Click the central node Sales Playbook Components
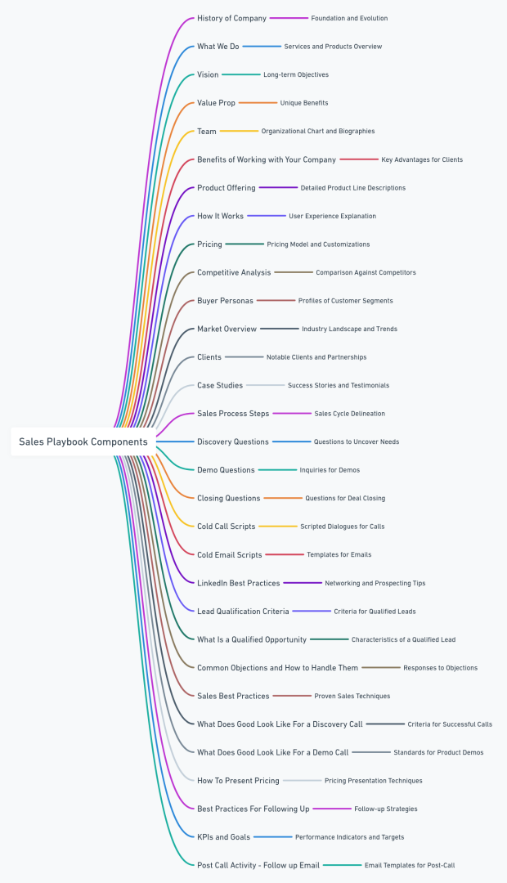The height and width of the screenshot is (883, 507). (83, 441)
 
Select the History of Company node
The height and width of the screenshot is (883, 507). (231, 18)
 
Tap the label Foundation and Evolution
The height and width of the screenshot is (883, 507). (349, 18)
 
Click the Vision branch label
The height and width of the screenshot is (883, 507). (208, 74)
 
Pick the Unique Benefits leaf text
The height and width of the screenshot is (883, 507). (304, 103)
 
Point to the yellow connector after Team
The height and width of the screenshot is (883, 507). (239, 131)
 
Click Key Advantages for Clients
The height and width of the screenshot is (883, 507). (422, 159)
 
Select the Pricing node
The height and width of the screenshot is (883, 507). (209, 244)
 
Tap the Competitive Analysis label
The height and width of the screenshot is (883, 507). (234, 272)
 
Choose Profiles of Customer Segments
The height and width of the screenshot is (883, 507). (345, 301)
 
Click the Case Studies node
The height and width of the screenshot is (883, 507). (220, 385)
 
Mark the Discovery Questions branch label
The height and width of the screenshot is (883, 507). (233, 441)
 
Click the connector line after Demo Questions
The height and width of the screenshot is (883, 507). (277, 470)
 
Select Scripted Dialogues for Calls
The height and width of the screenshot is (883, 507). (342, 527)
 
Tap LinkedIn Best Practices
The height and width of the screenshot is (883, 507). (239, 583)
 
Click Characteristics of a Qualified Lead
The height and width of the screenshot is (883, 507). (403, 639)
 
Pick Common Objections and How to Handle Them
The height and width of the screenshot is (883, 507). (277, 668)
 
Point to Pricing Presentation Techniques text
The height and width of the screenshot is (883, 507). (373, 781)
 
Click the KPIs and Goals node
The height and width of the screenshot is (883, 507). (223, 837)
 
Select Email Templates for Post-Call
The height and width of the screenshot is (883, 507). (409, 865)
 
